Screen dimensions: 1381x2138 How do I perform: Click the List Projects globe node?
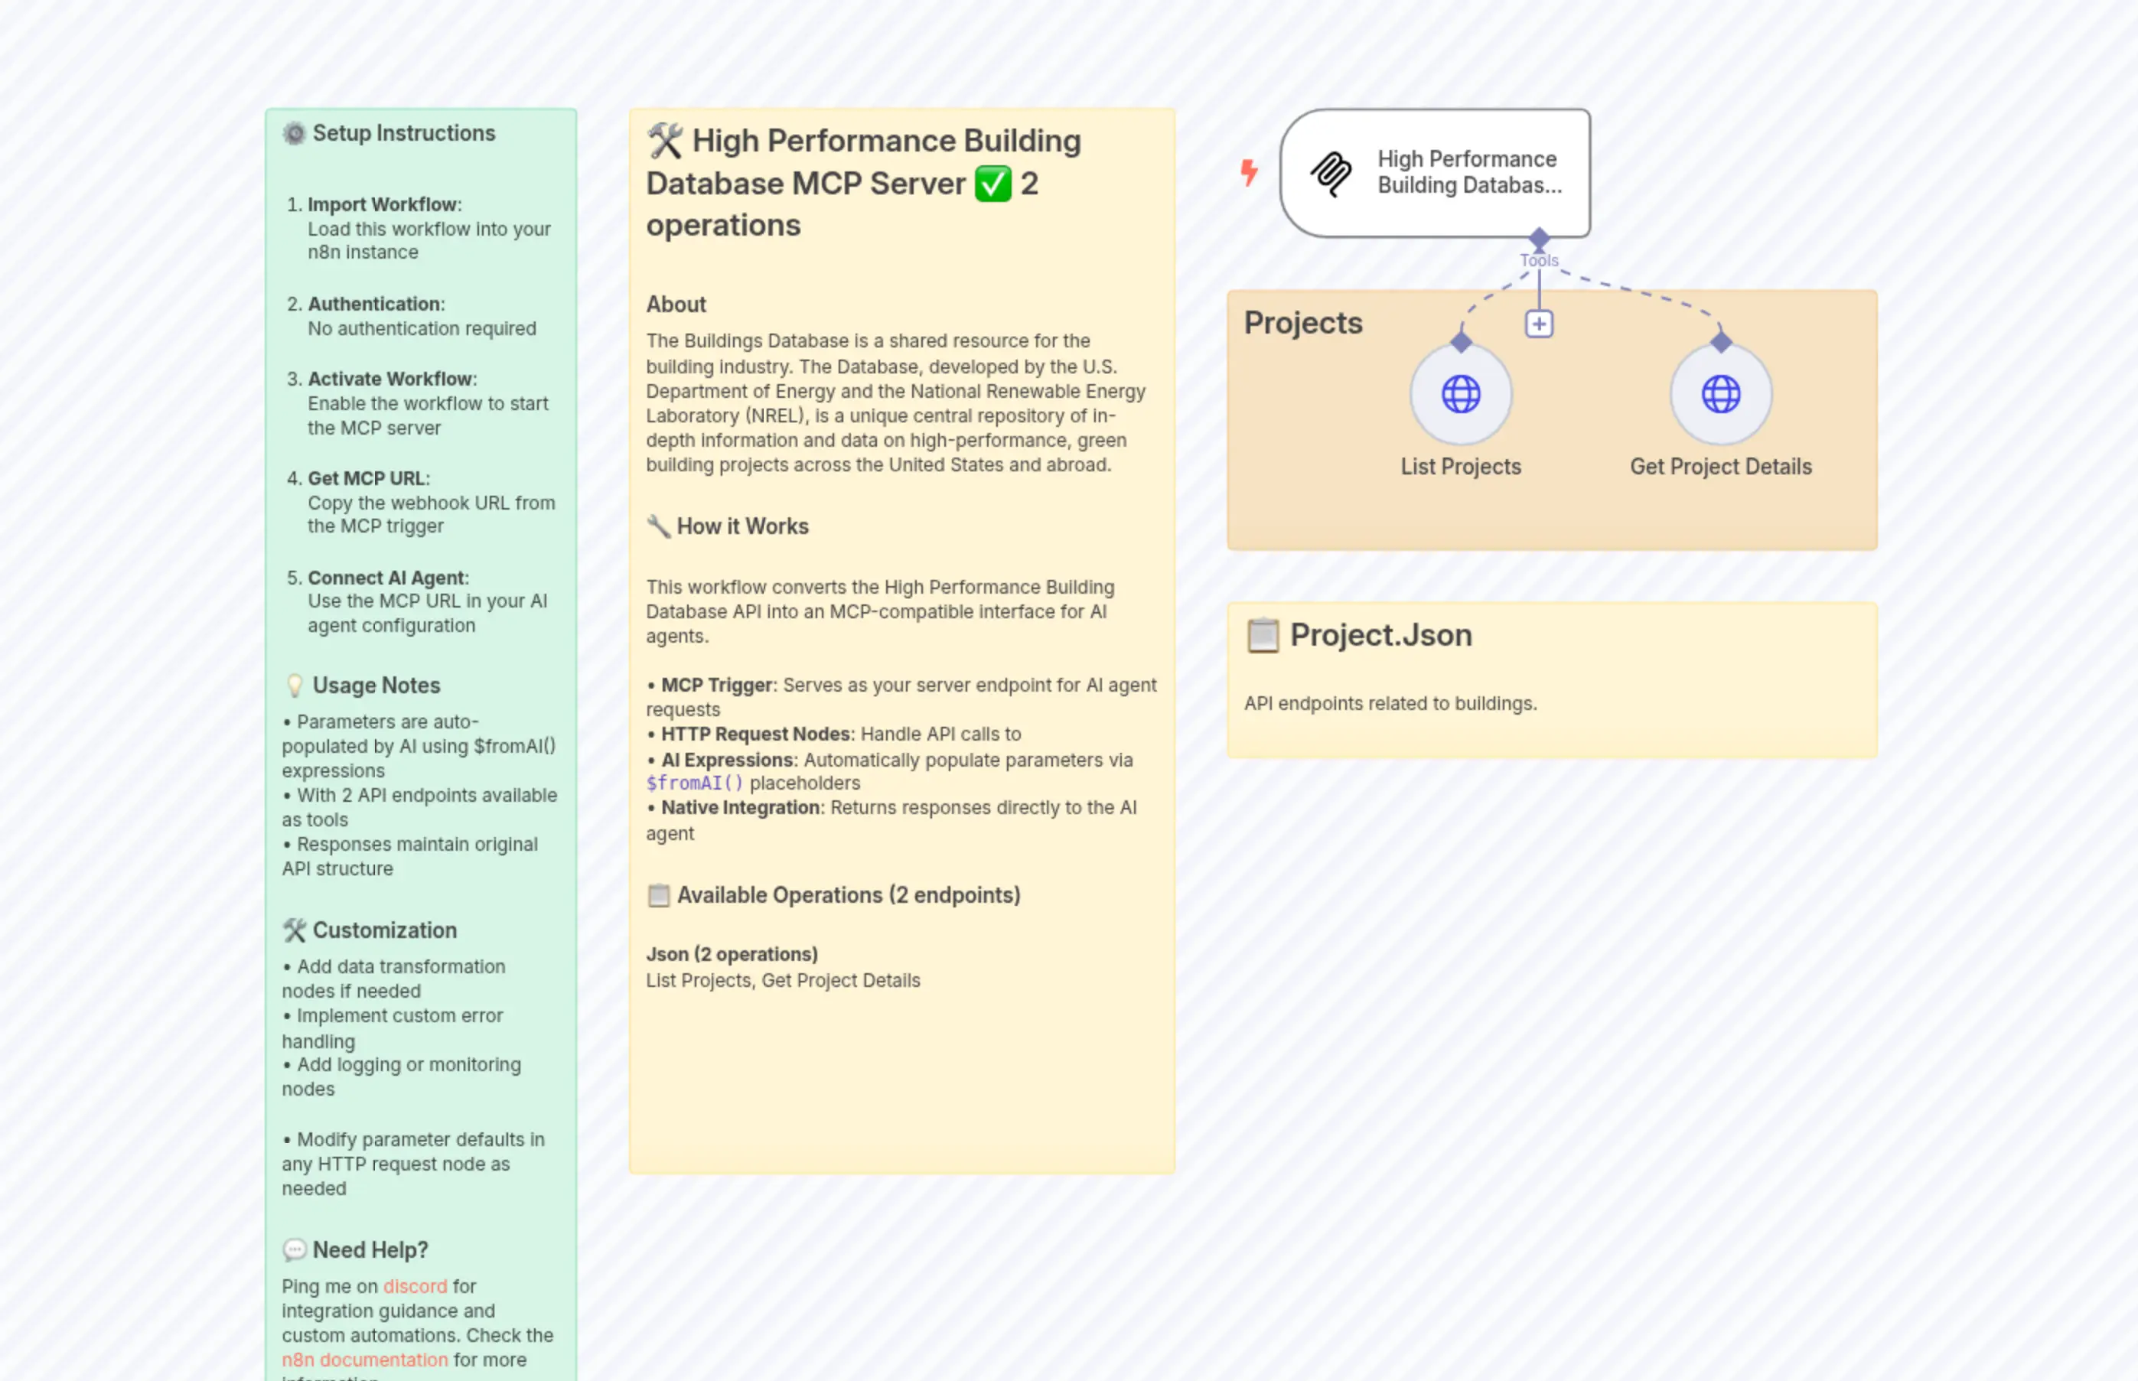[x=1460, y=395]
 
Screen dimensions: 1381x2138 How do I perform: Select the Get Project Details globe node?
[x=1720, y=395]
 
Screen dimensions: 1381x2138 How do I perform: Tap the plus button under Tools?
[x=1539, y=324]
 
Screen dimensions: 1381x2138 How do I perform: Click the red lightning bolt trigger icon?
[x=1248, y=171]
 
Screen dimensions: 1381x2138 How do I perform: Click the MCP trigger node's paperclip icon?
[x=1331, y=173]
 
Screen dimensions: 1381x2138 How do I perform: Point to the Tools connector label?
[x=1539, y=260]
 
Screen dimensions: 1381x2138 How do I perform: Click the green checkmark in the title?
[x=992, y=184]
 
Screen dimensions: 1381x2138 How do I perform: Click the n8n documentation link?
[x=364, y=1360]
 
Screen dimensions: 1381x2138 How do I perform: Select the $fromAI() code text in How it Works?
[x=694, y=783]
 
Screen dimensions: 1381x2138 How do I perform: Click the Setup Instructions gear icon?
[x=294, y=134]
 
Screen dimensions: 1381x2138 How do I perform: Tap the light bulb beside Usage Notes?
[x=294, y=686]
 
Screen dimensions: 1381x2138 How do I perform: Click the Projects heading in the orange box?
[x=1302, y=323]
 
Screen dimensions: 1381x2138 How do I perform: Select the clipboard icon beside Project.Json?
[x=1263, y=635]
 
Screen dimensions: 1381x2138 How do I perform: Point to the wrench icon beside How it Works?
[x=658, y=526]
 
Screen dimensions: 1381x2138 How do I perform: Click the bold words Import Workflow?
[x=382, y=204]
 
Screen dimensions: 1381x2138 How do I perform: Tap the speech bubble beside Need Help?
[x=294, y=1249]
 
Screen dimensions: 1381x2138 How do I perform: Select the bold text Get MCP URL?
[x=366, y=478]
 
